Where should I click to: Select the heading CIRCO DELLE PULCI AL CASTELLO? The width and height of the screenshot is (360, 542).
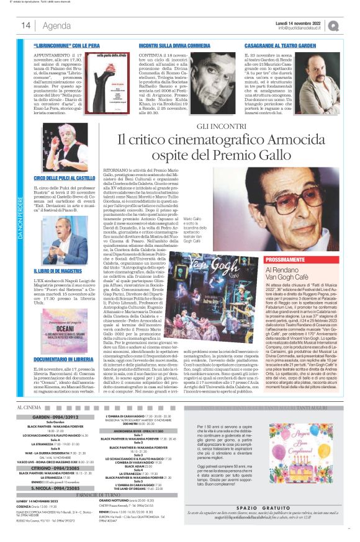click(65, 178)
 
